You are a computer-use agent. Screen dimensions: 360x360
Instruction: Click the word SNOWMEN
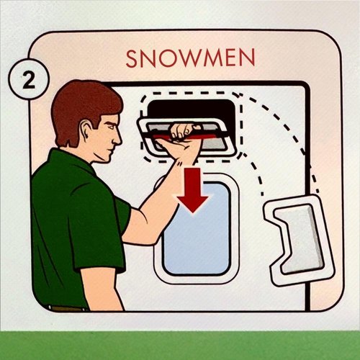tap(190, 58)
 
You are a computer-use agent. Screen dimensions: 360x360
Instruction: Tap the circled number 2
tap(29, 79)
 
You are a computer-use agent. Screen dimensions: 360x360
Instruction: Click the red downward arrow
tap(192, 190)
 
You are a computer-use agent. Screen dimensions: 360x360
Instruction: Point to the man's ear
tap(86, 131)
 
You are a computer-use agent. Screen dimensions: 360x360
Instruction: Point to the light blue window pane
tap(197, 228)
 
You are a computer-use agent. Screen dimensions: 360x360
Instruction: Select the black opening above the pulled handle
tap(191, 110)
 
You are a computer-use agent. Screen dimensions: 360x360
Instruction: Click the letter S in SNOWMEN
tap(132, 59)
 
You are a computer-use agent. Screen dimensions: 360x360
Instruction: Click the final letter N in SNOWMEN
tap(247, 59)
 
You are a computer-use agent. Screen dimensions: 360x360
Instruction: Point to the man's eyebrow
tap(111, 122)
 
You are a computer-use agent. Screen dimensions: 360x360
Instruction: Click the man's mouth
tap(111, 151)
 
